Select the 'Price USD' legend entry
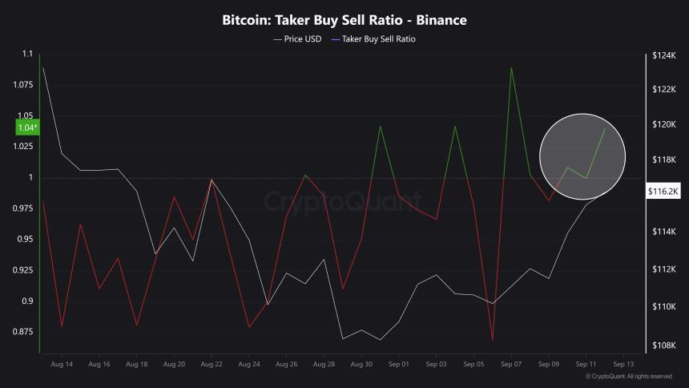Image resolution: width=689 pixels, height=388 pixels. [x=297, y=38]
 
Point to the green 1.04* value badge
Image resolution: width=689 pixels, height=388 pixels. [x=26, y=127]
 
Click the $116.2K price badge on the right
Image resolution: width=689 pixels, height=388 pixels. [x=663, y=191]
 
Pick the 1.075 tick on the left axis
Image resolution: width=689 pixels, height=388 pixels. [x=22, y=85]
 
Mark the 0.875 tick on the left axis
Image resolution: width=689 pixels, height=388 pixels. [x=22, y=331]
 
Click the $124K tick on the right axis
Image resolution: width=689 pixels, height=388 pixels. [x=664, y=55]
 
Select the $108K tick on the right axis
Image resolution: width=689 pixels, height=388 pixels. [x=664, y=346]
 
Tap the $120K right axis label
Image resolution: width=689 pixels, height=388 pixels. [x=664, y=124]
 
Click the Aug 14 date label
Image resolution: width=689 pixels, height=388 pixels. [x=62, y=364]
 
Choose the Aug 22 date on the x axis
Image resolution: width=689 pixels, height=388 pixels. [x=212, y=364]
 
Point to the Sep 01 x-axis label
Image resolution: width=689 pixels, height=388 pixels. [x=399, y=364]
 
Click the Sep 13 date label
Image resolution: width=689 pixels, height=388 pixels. [x=624, y=364]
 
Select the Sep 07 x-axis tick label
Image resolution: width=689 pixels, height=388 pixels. [x=511, y=364]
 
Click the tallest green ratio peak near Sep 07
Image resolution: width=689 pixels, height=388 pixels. [x=511, y=67]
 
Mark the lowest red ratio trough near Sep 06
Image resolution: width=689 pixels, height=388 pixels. [x=492, y=340]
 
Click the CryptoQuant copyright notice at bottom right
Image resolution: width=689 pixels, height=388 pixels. [x=628, y=376]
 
